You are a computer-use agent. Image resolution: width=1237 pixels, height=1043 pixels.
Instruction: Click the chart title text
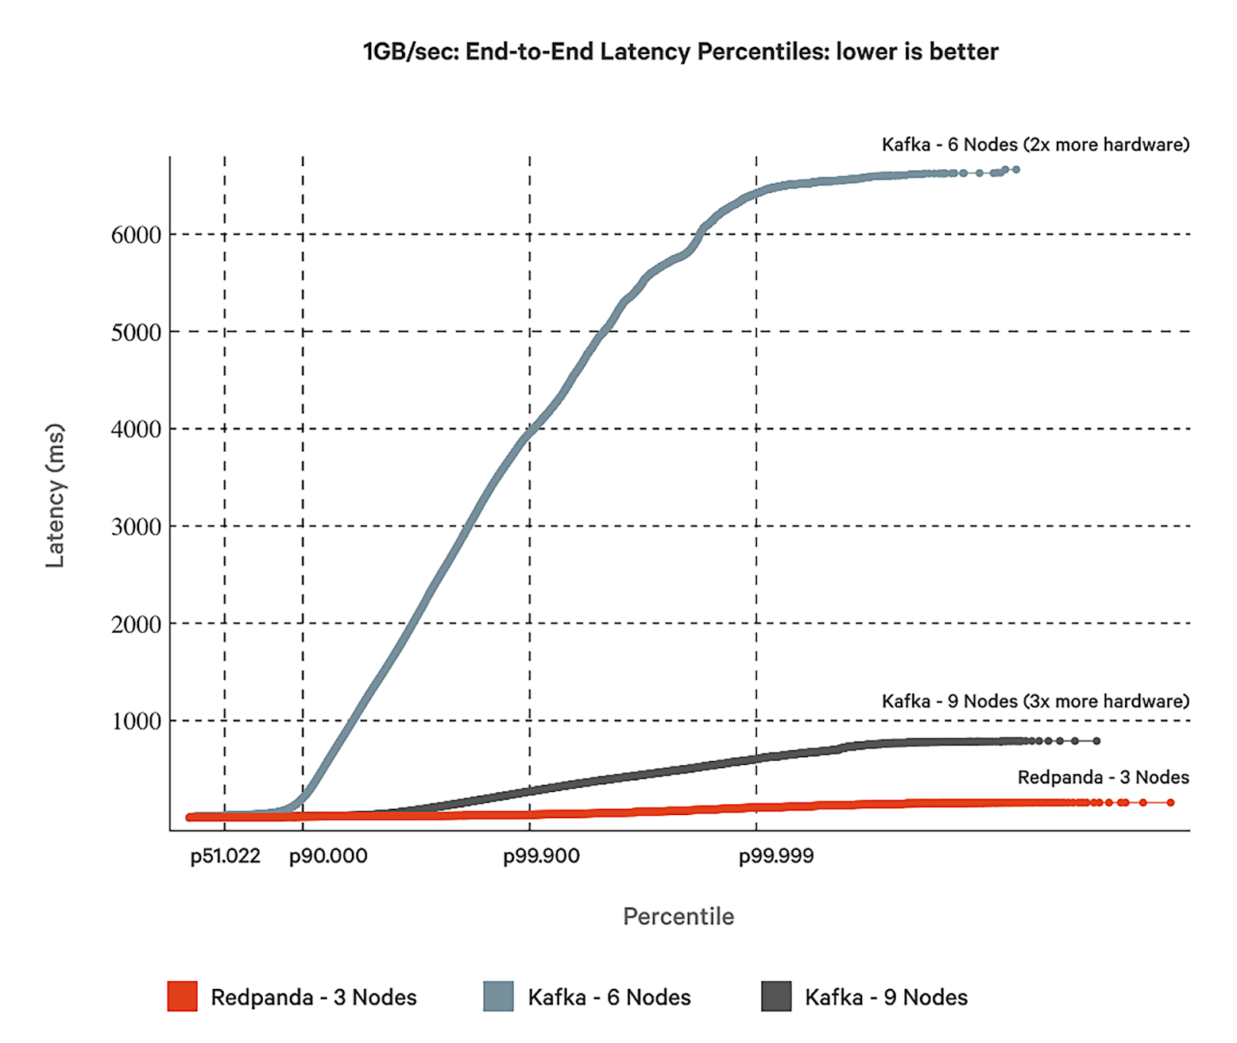point(680,52)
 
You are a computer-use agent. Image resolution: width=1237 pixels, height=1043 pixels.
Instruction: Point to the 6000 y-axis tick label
point(136,235)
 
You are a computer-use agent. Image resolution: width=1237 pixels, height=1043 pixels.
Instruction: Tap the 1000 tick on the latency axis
point(136,722)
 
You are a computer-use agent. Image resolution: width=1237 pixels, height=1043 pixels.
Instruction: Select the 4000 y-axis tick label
point(136,430)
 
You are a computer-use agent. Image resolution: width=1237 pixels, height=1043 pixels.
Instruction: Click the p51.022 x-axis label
point(225,856)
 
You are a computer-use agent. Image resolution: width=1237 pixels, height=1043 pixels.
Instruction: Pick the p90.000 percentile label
point(328,856)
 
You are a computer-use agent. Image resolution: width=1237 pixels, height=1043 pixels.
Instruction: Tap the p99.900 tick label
point(541,856)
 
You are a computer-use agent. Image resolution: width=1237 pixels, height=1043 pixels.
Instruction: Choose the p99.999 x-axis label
point(776,856)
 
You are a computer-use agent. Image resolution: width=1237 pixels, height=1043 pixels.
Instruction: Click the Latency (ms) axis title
point(55,495)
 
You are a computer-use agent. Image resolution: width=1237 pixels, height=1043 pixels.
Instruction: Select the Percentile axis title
point(678,916)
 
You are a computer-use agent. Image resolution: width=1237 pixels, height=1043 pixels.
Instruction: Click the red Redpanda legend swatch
point(182,997)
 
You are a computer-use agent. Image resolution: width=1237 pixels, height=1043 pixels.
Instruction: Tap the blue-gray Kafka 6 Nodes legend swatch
point(499,997)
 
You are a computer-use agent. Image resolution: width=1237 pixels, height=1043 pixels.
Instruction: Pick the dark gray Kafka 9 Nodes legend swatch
point(776,997)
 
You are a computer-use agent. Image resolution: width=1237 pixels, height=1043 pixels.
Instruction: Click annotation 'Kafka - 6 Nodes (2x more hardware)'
point(1035,144)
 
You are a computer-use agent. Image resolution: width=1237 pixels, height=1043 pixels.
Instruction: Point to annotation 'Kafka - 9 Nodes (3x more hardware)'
point(1035,701)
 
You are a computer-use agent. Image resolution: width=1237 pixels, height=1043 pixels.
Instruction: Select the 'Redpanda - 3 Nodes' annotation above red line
point(1102,777)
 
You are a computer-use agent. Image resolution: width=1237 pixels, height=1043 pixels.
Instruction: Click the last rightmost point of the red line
point(1171,803)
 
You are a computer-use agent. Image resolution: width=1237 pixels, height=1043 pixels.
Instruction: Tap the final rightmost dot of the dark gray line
point(1096,741)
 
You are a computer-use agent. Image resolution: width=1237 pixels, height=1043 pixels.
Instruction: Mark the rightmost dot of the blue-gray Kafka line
point(1016,169)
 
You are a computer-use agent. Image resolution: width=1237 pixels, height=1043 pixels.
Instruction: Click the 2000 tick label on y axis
point(136,624)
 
